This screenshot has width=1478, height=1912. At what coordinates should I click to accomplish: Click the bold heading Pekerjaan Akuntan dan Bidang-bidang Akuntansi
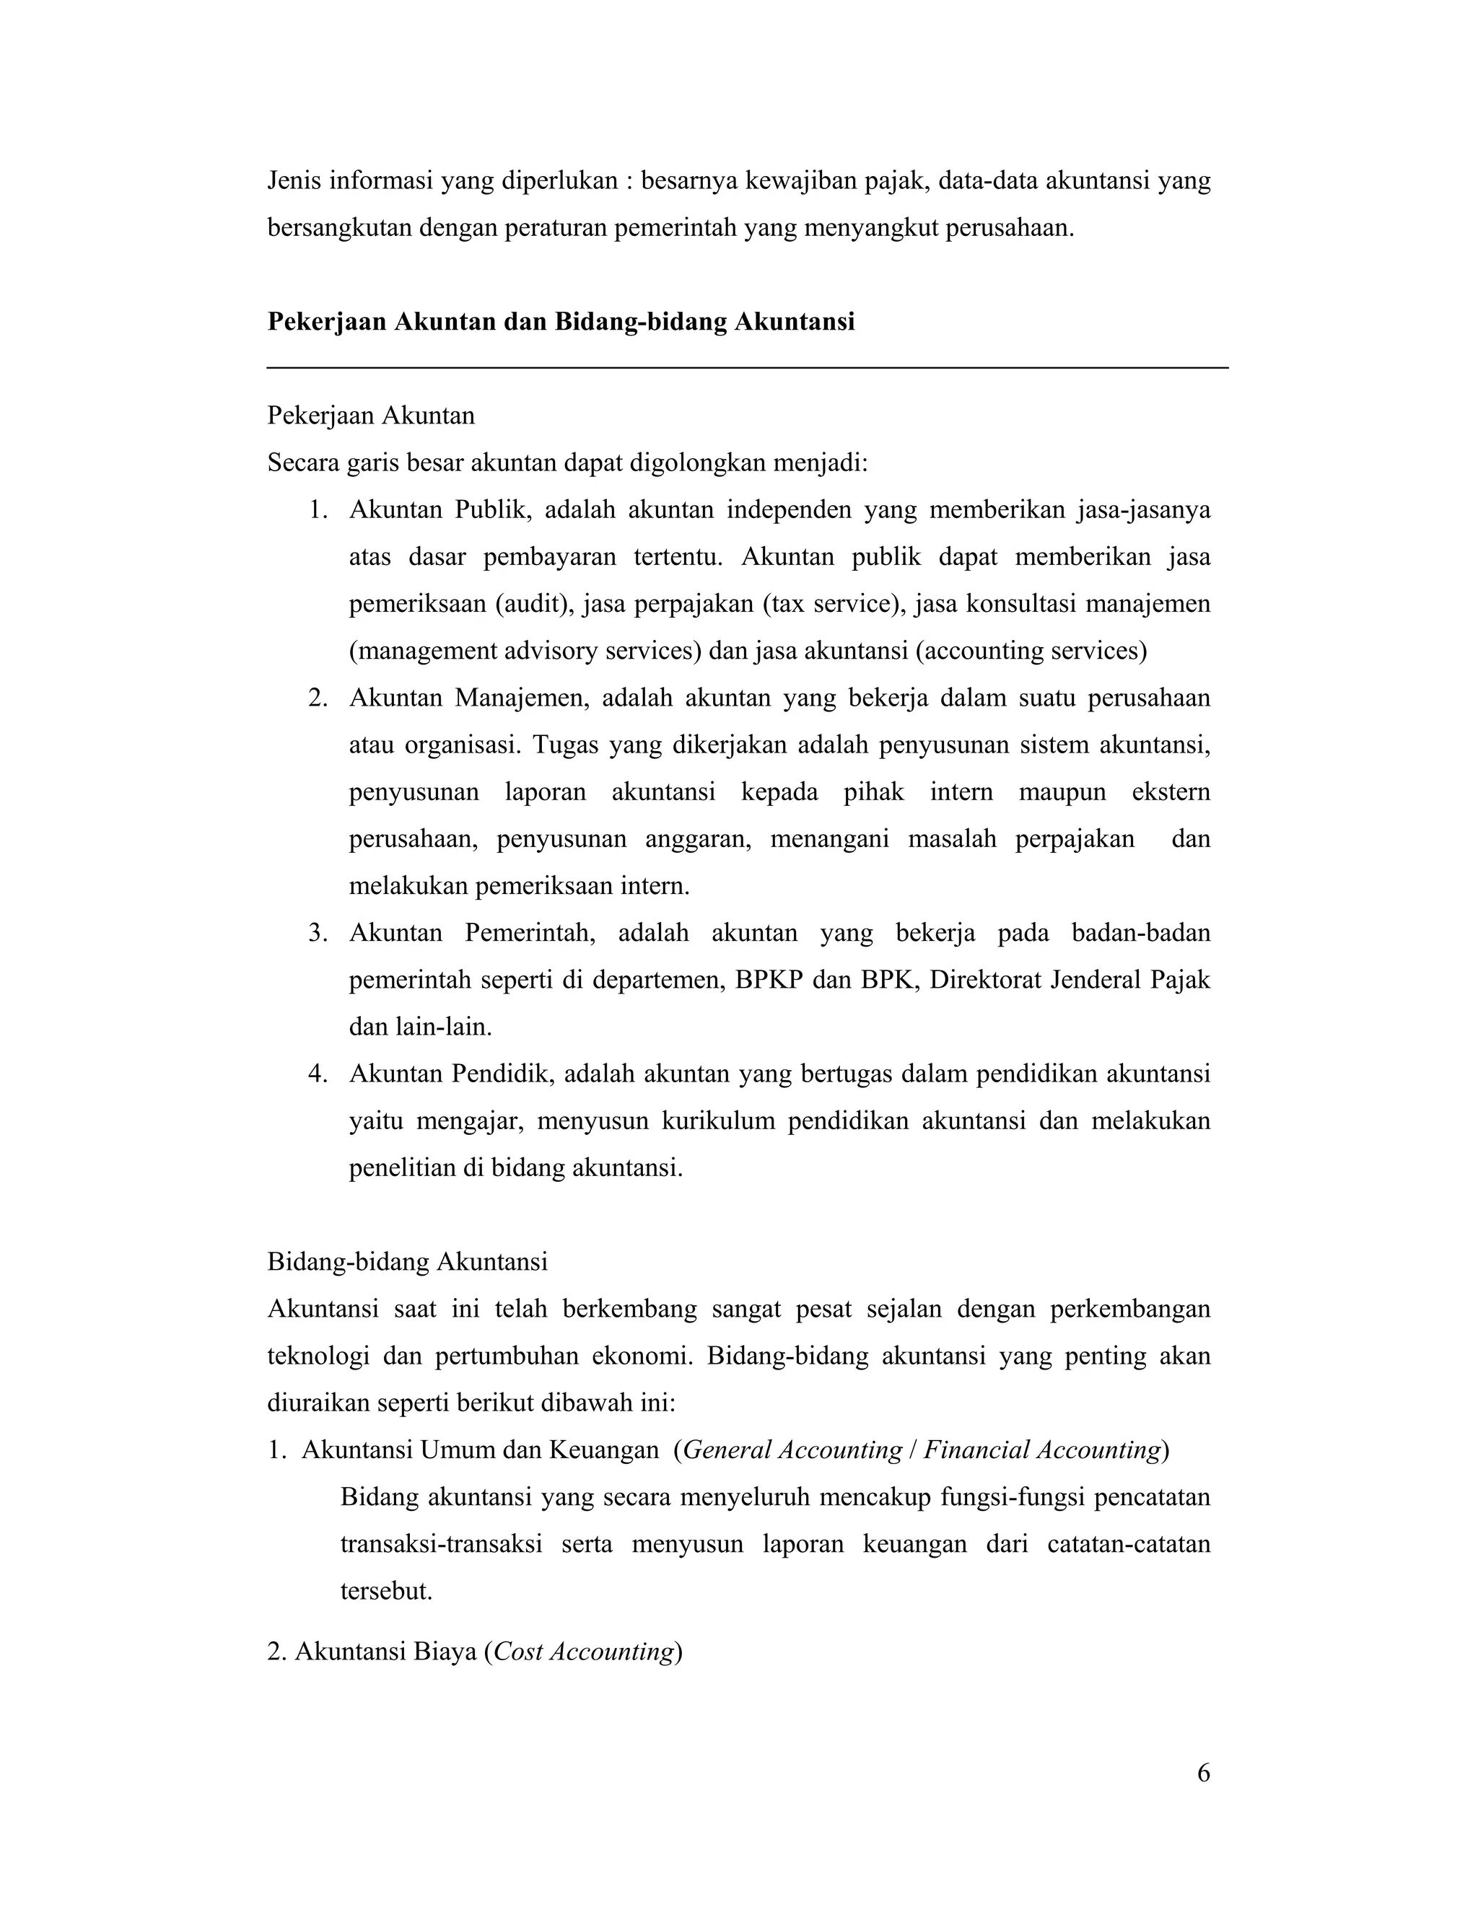point(560,323)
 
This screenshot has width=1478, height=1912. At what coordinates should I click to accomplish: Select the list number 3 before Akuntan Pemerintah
point(317,933)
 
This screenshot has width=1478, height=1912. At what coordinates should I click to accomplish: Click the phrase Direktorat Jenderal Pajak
point(1069,980)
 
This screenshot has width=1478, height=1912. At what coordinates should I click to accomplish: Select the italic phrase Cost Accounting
point(583,1652)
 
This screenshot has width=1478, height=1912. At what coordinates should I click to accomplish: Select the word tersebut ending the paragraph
point(385,1591)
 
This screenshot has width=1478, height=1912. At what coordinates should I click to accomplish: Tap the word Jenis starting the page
point(294,181)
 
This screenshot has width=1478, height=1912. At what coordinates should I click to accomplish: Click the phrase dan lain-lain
point(420,1027)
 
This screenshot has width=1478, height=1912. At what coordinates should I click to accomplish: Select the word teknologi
point(318,1356)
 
